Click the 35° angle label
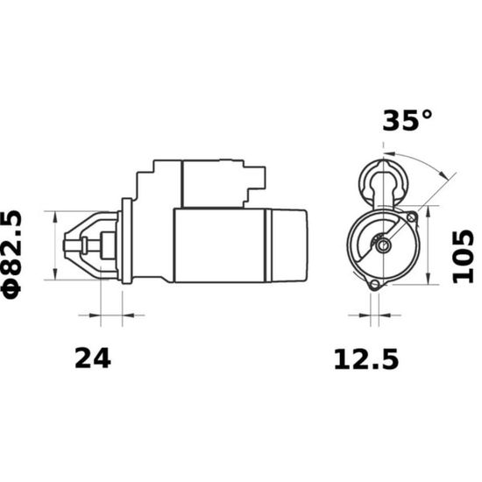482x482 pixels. tap(408, 120)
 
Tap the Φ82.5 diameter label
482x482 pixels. tap(12, 255)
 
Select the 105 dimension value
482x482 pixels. tap(464, 257)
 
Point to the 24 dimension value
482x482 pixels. tap(93, 358)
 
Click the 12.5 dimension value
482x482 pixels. tap(366, 358)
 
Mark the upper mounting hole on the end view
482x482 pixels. tap(411, 217)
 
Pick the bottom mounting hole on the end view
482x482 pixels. tap(374, 284)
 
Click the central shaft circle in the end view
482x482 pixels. tap(383, 245)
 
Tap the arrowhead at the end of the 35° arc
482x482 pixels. tap(443, 174)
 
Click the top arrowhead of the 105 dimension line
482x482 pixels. tap(429, 210)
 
